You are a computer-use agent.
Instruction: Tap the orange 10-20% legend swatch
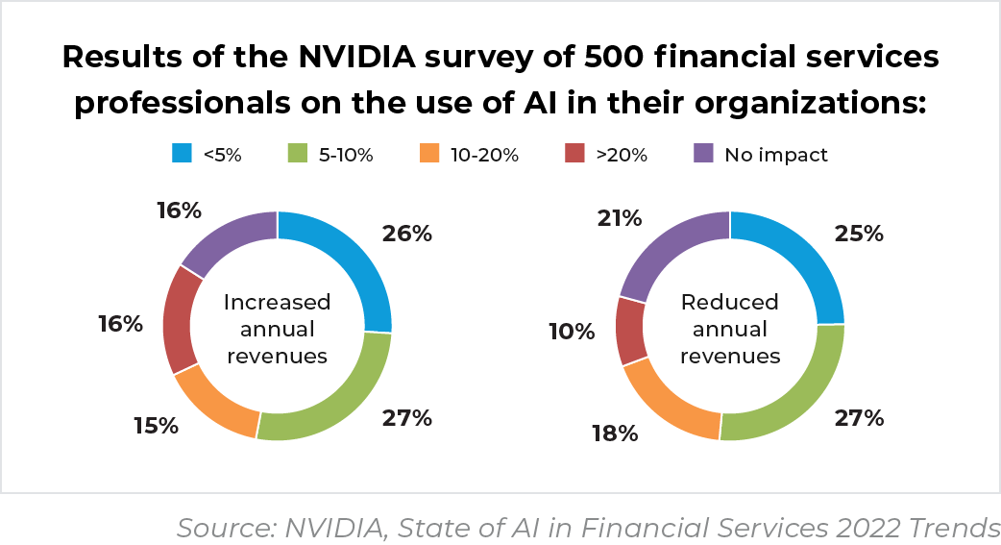(x=431, y=154)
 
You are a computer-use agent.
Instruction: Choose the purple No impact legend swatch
(x=703, y=154)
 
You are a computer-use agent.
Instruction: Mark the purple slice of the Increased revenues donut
(x=226, y=236)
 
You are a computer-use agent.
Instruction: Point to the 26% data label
(x=406, y=233)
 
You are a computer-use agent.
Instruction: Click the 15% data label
(x=154, y=425)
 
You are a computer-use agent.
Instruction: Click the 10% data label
(x=572, y=332)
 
